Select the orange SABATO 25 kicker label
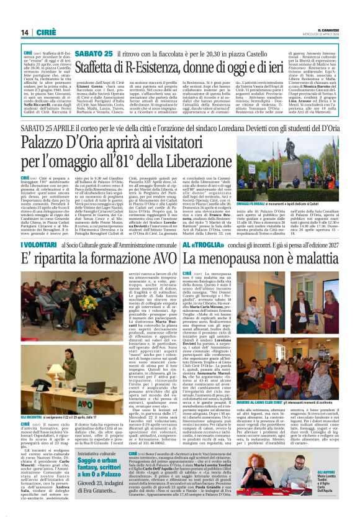pos(94,55)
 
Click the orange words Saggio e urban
pos(101,462)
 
